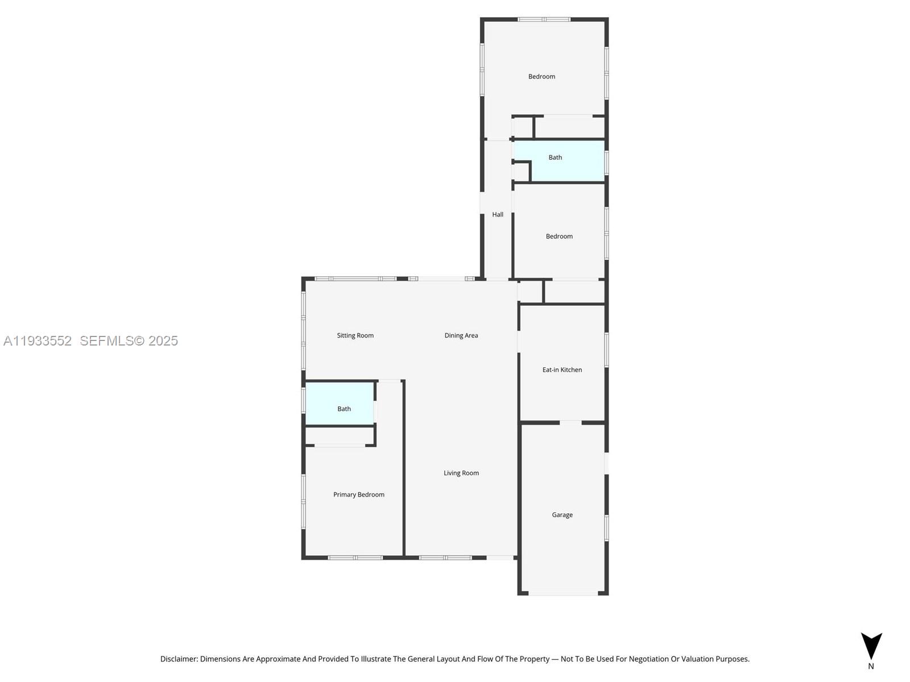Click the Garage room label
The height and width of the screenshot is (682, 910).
click(x=562, y=515)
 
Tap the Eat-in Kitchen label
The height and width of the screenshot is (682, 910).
click(x=562, y=370)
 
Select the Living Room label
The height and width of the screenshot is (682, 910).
click(x=461, y=473)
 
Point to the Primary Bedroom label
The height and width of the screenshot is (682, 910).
click(x=359, y=494)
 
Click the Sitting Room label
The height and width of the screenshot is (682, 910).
click(x=355, y=335)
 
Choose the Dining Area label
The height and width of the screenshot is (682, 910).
click(x=461, y=335)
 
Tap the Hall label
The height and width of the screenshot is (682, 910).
click(x=498, y=215)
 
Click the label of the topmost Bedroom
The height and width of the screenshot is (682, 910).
click(x=541, y=77)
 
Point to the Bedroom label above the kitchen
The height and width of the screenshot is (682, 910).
click(x=559, y=236)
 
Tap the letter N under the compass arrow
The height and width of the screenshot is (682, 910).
click(x=871, y=666)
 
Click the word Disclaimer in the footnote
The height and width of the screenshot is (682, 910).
click(x=179, y=659)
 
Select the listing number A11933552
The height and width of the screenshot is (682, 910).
click(x=38, y=341)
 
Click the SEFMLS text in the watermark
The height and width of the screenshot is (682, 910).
click(x=106, y=341)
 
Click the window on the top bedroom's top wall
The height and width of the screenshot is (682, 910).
click(x=544, y=20)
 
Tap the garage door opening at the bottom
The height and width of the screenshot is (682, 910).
click(x=563, y=593)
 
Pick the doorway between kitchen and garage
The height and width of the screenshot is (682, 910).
click(x=570, y=423)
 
